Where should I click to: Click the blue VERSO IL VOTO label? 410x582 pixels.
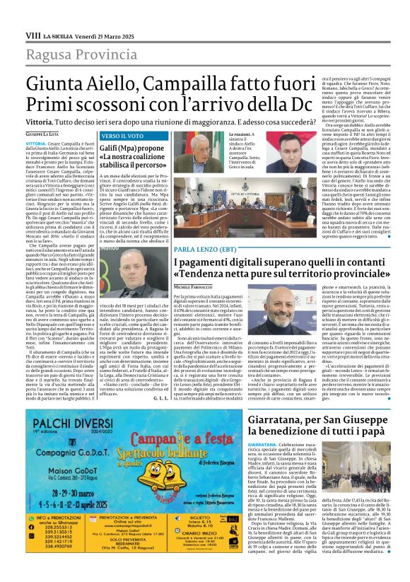[x=102, y=135]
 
